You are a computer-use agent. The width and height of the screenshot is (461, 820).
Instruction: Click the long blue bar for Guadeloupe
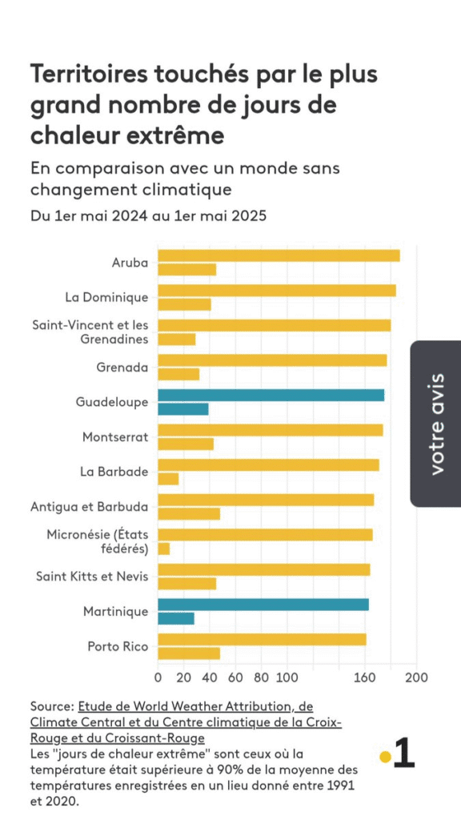tap(271, 396)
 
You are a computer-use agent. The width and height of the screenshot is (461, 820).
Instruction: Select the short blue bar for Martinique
tap(176, 619)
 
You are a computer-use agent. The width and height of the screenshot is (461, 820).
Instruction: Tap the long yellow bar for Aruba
tap(279, 255)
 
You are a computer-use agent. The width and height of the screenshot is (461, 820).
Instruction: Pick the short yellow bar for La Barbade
tap(168, 479)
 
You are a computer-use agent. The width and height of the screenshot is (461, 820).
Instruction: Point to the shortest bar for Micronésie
tap(163, 549)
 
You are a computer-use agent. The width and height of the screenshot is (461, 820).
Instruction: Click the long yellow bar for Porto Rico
tap(262, 640)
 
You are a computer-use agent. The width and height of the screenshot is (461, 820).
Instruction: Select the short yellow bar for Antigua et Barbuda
tap(189, 514)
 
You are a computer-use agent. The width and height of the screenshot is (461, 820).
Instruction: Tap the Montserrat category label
tap(115, 437)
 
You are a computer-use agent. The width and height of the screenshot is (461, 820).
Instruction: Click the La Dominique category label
tap(107, 298)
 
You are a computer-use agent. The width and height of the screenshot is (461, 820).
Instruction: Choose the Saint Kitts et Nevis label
tap(93, 577)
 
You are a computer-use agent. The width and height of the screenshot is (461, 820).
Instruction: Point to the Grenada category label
tap(122, 367)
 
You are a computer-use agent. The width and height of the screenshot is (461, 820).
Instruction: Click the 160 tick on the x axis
tap(365, 677)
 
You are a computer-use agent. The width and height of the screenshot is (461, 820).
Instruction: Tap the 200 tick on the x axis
tap(416, 677)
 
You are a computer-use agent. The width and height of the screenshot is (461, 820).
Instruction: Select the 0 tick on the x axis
tap(158, 677)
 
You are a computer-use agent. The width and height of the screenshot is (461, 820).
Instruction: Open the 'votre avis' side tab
tap(436, 424)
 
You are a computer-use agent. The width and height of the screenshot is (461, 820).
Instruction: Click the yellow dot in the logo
tap(385, 757)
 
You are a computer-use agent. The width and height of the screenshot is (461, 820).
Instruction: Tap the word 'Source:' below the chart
tap(52, 706)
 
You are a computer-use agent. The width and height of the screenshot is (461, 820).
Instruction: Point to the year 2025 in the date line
tap(249, 216)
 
